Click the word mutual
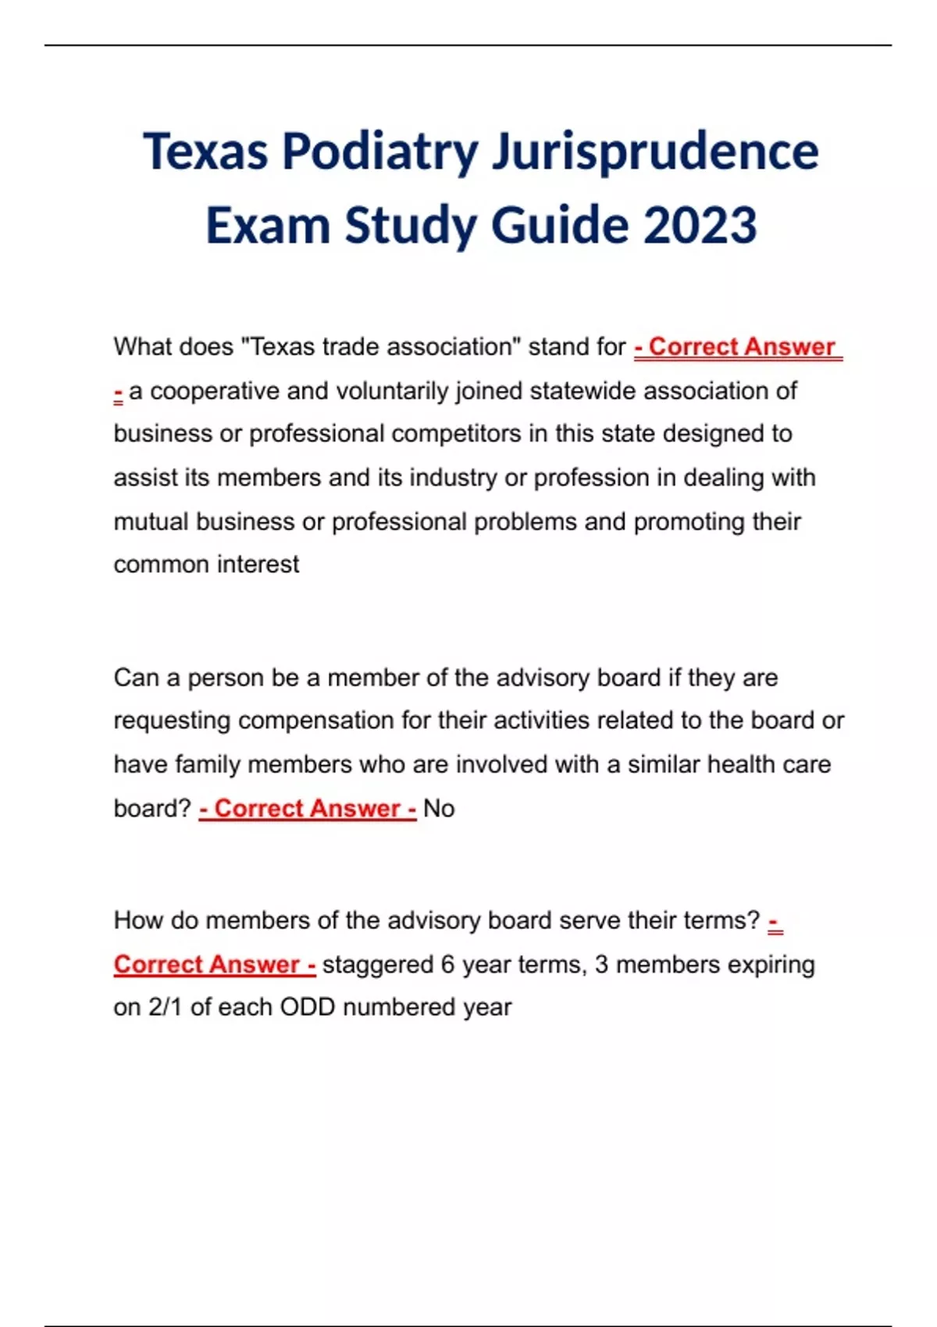pyautogui.click(x=151, y=521)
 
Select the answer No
pyautogui.click(x=439, y=809)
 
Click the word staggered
pyautogui.click(x=378, y=965)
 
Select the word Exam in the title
pyautogui.click(x=268, y=226)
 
